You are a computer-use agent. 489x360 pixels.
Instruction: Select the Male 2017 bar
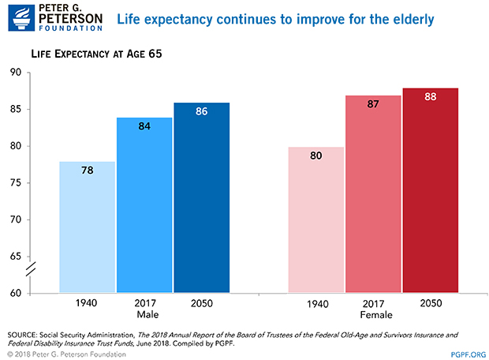[x=145, y=205]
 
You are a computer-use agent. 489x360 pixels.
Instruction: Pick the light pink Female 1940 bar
[x=315, y=220]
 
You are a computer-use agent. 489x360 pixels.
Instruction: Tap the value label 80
[x=315, y=156]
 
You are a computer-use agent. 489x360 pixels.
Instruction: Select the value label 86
[x=201, y=111]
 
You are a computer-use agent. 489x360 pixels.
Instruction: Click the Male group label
[x=145, y=315]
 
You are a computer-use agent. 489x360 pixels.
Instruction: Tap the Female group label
[x=372, y=316]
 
